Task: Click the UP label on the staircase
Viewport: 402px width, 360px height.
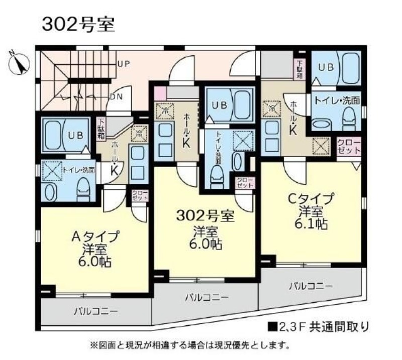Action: pyautogui.click(x=123, y=64)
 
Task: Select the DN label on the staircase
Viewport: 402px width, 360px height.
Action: pyautogui.click(x=116, y=96)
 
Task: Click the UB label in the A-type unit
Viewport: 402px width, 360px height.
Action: pyautogui.click(x=75, y=135)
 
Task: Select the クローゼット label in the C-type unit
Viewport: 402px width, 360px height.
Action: pyautogui.click(x=349, y=147)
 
